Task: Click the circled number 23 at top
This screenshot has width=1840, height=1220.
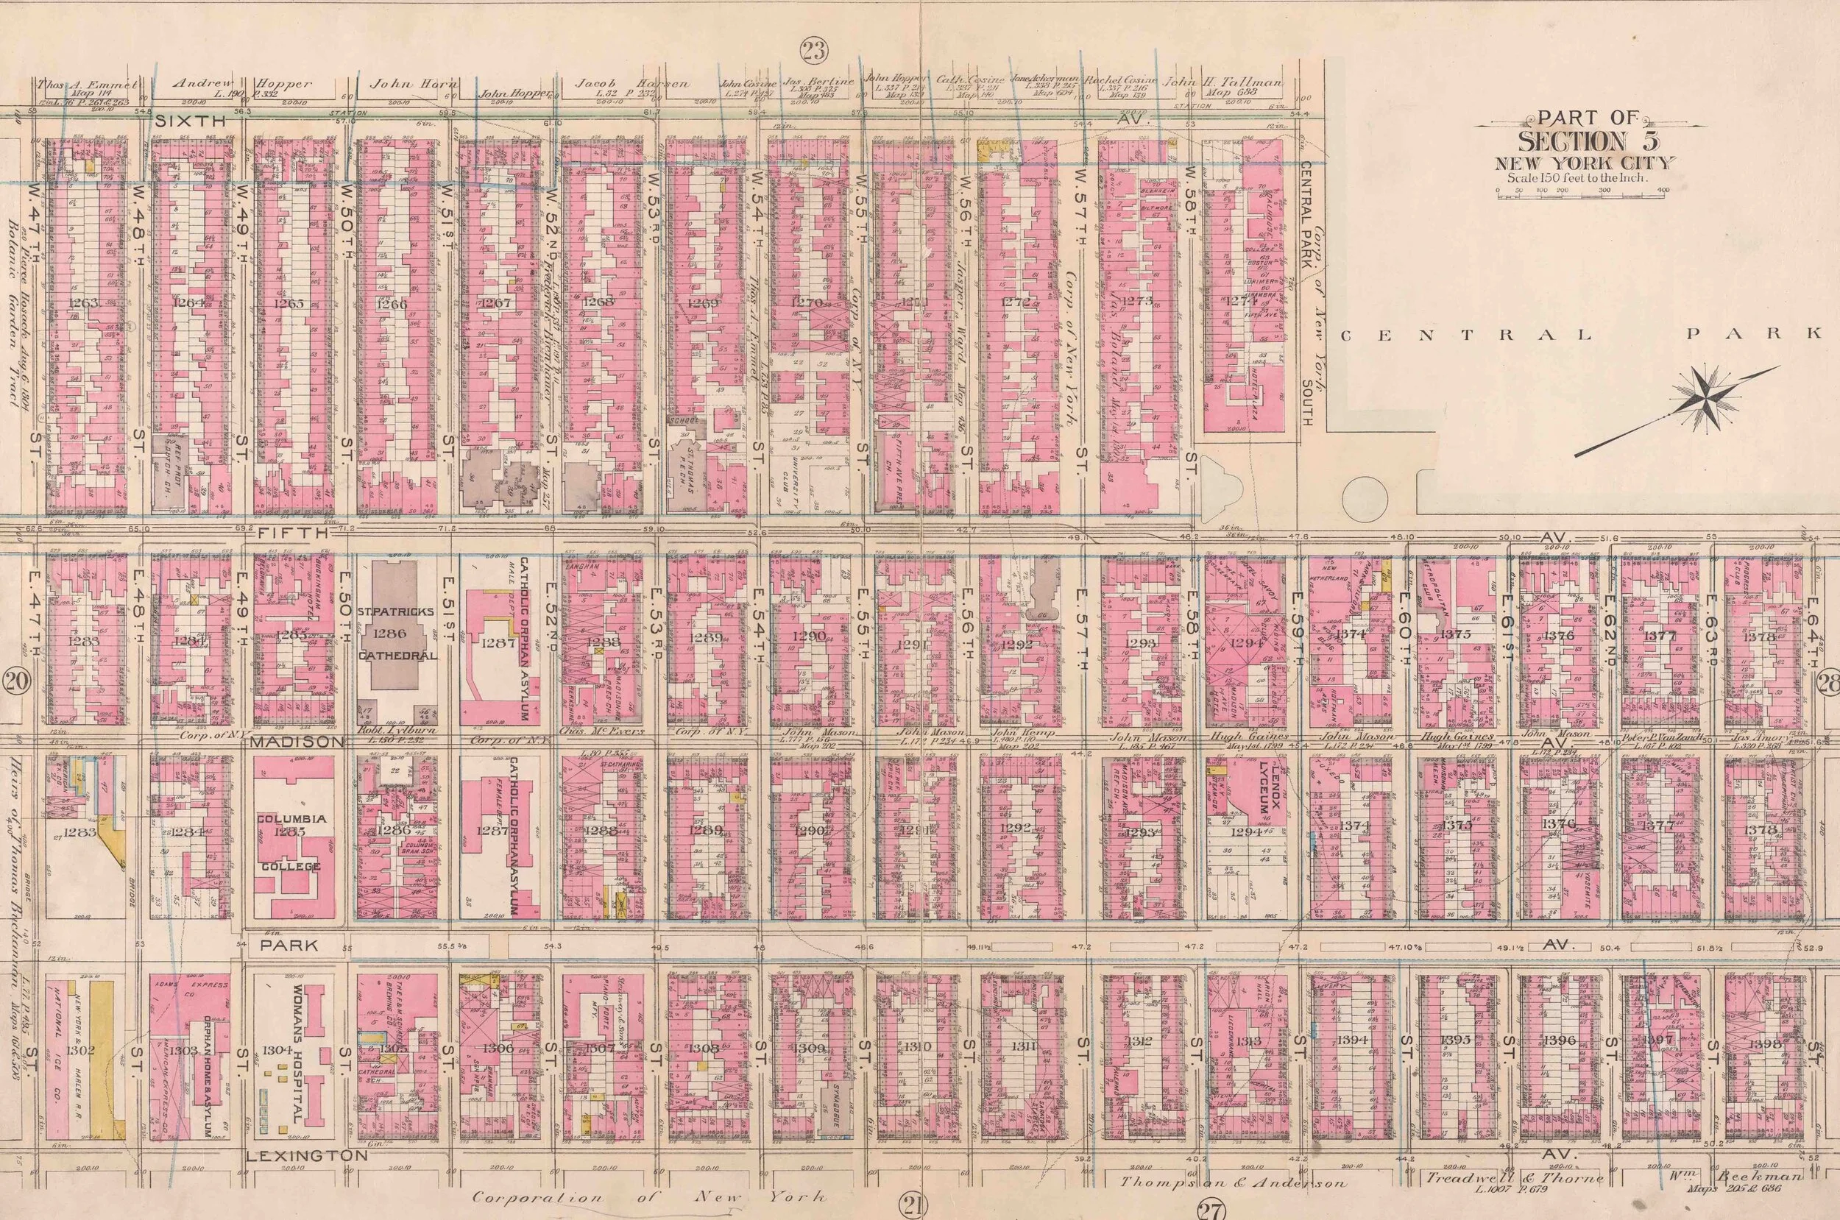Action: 815,52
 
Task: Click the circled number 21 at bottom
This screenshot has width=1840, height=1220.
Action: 913,1207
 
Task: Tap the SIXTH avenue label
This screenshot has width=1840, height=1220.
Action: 190,121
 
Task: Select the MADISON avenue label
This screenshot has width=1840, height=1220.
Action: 297,742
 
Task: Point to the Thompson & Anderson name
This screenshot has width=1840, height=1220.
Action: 1232,1183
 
